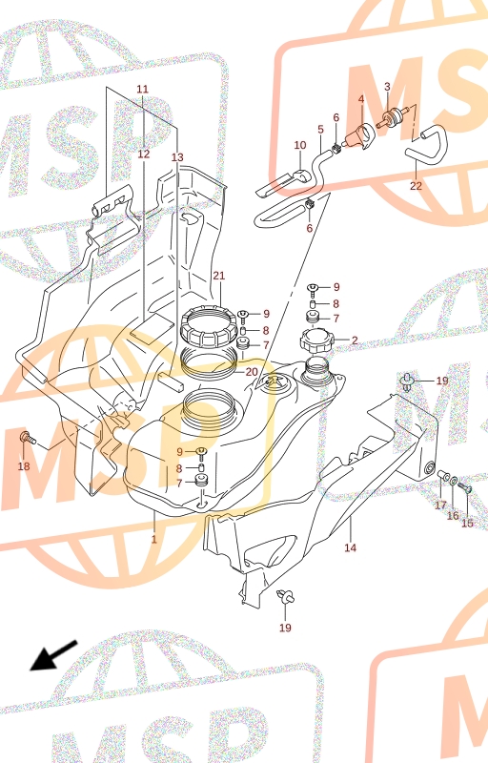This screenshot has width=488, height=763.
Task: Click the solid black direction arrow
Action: pos(53,655)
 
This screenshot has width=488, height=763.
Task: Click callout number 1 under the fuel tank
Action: pos(154,539)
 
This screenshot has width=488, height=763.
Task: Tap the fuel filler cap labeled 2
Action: pos(315,342)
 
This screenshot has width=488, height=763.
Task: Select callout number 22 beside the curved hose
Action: pos(417,186)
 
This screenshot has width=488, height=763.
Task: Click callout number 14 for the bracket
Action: pos(350,547)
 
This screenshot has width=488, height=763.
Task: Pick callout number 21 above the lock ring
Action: pos(219,276)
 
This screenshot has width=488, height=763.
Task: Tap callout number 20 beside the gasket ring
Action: pos(252,372)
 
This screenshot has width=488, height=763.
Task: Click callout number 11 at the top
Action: pos(142,89)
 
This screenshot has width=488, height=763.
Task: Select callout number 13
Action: pos(177,157)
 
